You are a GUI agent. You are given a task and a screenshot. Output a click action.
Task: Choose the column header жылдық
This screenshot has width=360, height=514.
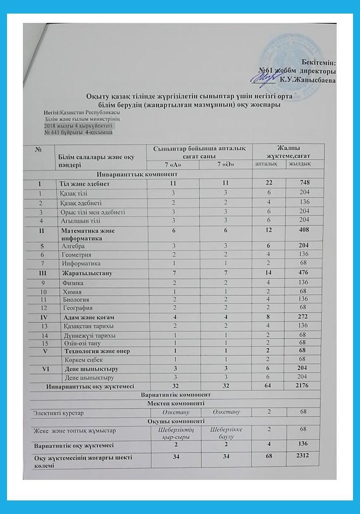pos(298,164)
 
